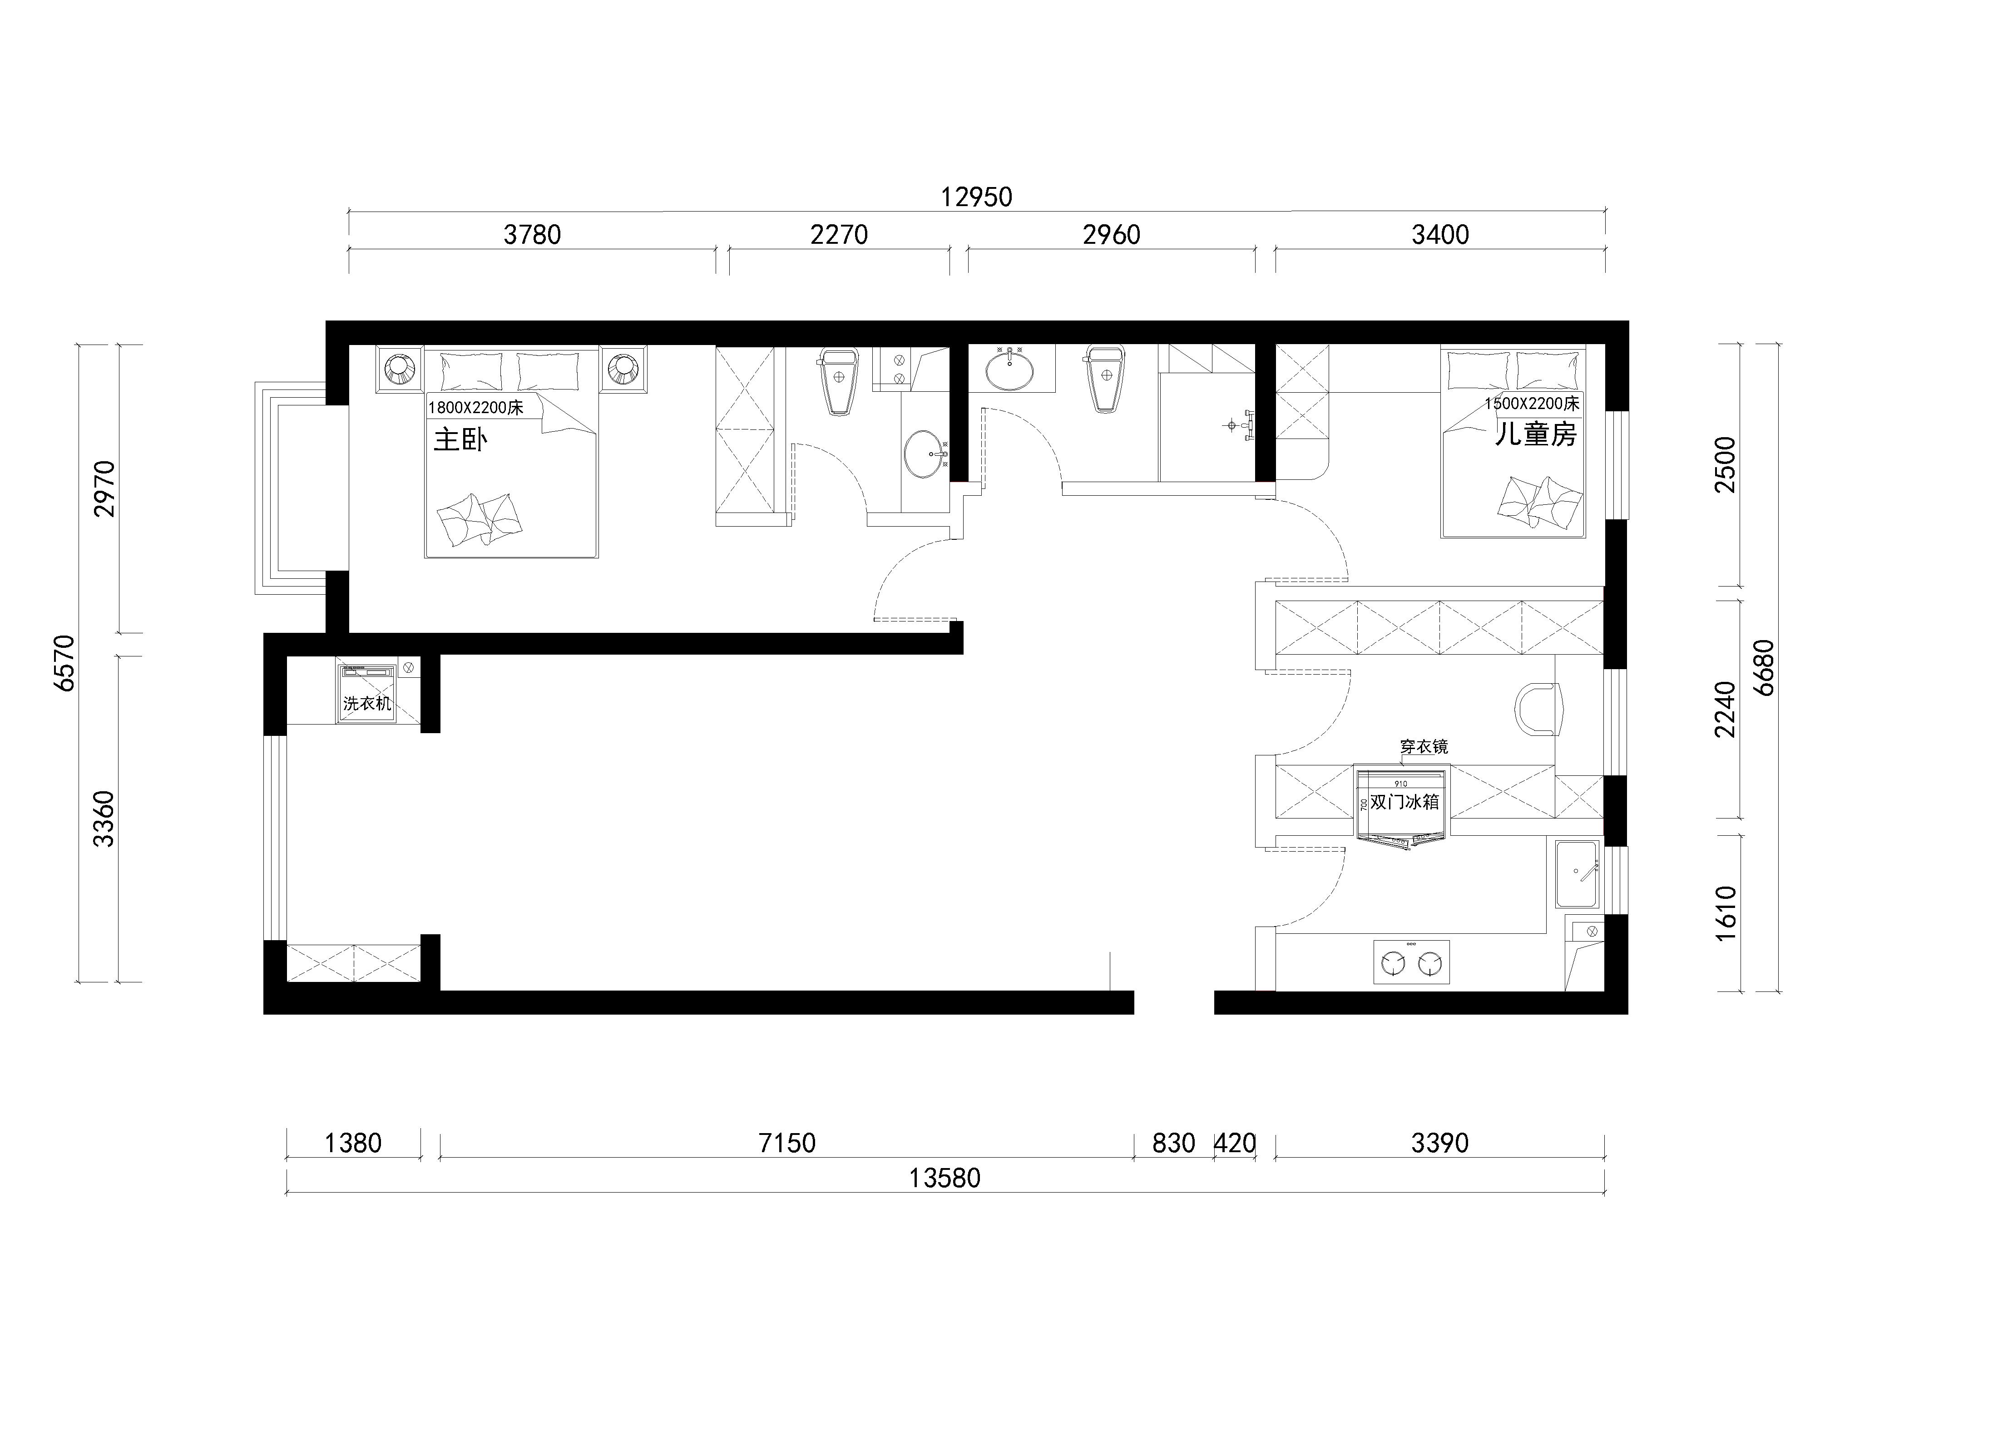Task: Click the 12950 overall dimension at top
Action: [976, 197]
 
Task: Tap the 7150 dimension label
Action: [786, 1143]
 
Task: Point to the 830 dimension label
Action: [1173, 1143]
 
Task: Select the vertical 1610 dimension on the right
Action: [1726, 913]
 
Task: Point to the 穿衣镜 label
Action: [1424, 747]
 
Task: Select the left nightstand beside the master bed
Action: [401, 368]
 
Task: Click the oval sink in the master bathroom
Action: [923, 454]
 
